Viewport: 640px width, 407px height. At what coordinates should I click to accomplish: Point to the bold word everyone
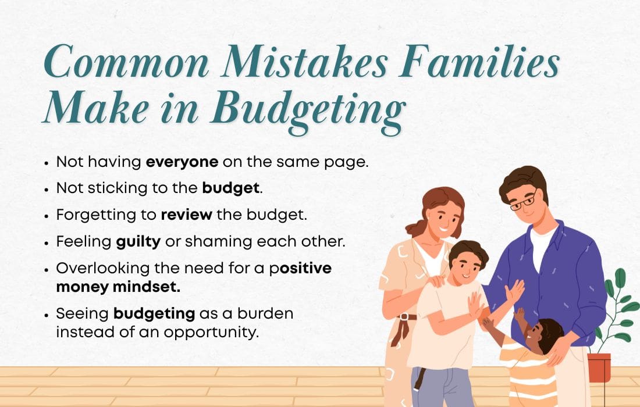[182, 162]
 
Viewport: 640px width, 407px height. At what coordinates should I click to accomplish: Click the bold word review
[186, 214]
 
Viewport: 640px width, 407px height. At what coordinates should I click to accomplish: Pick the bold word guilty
[138, 241]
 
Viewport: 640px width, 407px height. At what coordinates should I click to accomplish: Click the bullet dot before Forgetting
[47, 215]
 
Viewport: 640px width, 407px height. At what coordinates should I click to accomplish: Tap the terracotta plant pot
[599, 367]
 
